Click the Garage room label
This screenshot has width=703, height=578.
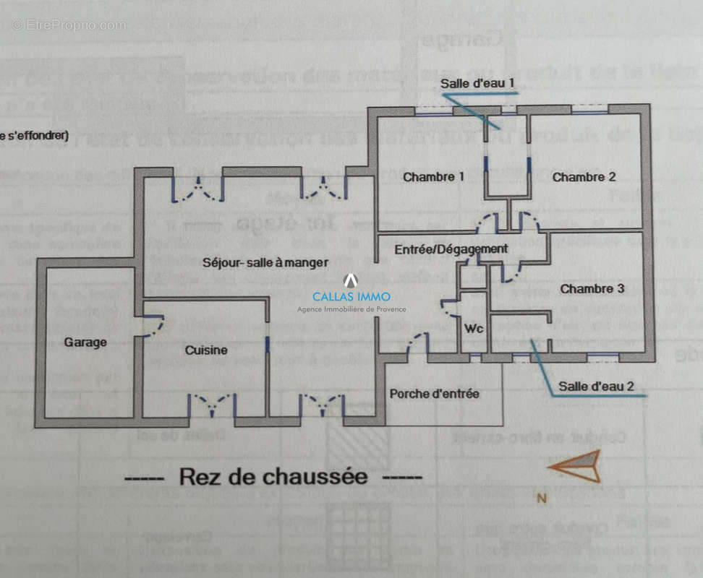[85, 342]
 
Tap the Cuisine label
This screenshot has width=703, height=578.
[206, 350]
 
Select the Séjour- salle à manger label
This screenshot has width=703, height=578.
[265, 262]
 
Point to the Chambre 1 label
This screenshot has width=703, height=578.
[434, 177]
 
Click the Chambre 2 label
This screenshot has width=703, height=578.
[584, 177]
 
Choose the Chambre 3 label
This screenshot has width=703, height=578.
[592, 289]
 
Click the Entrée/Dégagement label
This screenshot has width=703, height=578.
[451, 249]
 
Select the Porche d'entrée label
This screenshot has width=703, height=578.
[434, 394]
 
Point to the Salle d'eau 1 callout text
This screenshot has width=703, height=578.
[478, 83]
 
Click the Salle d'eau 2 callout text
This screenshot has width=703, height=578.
[596, 387]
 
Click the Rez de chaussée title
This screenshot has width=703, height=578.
[273, 477]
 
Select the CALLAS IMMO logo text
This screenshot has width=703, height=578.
[351, 296]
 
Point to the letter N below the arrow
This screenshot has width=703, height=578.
[540, 498]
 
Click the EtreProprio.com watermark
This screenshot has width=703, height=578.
[69, 25]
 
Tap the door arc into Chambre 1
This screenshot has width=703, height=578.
[488, 224]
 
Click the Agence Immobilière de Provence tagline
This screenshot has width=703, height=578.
[351, 309]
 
